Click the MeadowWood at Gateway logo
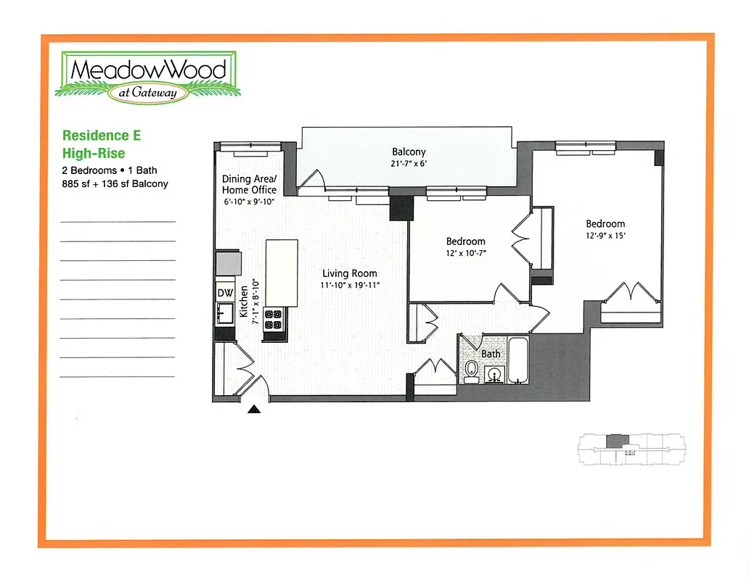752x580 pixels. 148,75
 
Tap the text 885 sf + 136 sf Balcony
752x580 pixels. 115,183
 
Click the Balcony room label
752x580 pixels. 408,152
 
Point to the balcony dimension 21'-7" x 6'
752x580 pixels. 408,163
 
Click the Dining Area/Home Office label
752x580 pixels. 249,184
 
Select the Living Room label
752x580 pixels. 350,273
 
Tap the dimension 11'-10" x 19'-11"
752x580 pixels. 350,285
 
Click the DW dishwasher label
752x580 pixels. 225,292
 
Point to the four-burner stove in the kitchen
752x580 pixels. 273,320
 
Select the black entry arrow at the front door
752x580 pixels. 254,410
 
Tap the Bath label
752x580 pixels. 491,354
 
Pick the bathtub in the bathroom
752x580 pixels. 519,361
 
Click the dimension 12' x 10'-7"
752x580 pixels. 465,253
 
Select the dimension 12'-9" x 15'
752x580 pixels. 605,236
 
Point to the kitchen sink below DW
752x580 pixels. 224,313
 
